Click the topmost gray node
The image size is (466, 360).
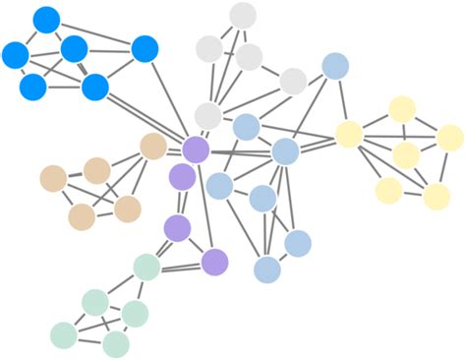[243, 16]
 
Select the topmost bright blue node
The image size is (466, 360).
[46, 19]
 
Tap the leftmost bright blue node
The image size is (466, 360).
[15, 55]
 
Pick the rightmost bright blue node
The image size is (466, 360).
[145, 48]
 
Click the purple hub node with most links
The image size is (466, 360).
[196, 150]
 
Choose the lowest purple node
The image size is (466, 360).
[214, 262]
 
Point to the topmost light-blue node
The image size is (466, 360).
[335, 66]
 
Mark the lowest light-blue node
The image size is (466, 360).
[267, 270]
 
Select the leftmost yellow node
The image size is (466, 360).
[349, 134]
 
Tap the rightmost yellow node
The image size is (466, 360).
[449, 138]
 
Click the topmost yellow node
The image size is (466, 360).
[402, 109]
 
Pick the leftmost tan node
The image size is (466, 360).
[53, 178]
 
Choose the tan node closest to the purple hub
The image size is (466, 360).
[153, 147]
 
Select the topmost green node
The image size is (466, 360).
[146, 267]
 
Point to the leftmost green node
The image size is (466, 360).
[63, 335]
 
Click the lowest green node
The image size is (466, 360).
[116, 344]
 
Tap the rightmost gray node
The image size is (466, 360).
[293, 81]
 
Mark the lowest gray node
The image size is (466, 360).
[207, 116]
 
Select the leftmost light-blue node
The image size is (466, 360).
[219, 185]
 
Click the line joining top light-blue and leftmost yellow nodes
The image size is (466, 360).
[342, 100]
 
